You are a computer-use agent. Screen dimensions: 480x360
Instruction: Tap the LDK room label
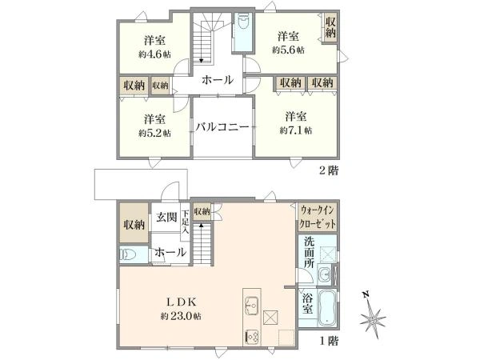[181, 302]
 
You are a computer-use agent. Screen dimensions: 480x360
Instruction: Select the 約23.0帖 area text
[181, 316]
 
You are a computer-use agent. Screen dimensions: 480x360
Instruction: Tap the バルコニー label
[222, 126]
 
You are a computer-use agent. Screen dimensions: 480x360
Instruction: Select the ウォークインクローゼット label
[318, 218]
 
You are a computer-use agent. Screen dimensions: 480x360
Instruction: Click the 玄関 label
[166, 217]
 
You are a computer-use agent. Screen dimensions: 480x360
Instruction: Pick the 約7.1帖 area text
[296, 130]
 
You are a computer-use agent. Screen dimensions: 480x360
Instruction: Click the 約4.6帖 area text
[154, 54]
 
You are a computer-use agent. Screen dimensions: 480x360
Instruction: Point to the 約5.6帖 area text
[288, 50]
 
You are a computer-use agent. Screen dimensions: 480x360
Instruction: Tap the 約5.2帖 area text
[154, 133]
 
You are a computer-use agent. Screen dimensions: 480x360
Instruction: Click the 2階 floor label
[329, 170]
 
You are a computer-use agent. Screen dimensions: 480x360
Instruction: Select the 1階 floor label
[329, 341]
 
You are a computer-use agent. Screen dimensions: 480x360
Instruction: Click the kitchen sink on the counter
[252, 305]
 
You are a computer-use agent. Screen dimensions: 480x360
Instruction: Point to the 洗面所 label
[309, 252]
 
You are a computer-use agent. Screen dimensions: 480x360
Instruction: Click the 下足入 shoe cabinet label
[186, 222]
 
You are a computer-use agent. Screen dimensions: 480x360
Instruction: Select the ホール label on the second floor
[218, 80]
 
